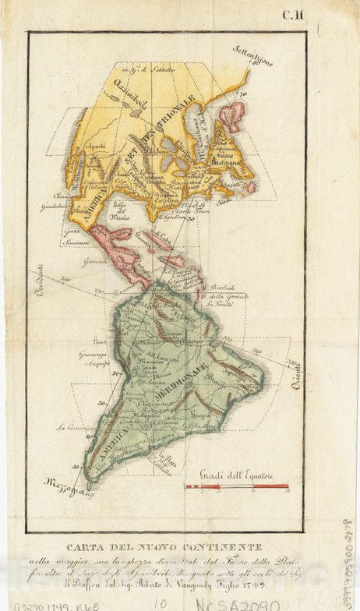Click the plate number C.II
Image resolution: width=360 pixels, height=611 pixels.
click(292, 13)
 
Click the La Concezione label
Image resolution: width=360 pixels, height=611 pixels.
click(75, 428)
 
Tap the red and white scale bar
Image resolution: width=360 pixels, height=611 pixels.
click(236, 487)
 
